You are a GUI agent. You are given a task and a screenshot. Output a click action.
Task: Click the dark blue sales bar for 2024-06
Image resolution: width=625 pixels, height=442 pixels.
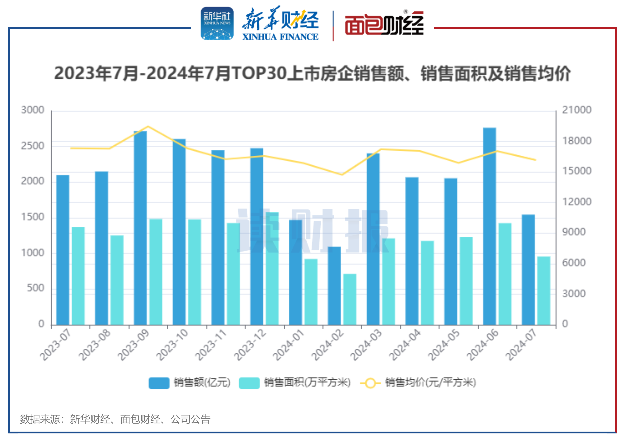[x=489, y=226]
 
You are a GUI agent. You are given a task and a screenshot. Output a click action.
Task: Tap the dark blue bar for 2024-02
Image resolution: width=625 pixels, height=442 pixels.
[x=334, y=286]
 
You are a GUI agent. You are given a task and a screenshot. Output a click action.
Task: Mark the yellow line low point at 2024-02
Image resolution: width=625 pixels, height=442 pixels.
[x=342, y=174]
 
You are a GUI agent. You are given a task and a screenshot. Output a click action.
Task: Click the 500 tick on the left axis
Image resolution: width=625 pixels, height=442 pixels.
[x=35, y=288]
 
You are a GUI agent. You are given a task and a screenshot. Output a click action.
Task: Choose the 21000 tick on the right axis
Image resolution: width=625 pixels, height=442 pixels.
[x=577, y=110]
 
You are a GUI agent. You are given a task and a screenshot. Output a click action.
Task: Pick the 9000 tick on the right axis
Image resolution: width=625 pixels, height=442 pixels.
[x=574, y=232]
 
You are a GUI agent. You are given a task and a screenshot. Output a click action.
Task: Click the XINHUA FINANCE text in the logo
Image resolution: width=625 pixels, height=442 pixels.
[x=280, y=37]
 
